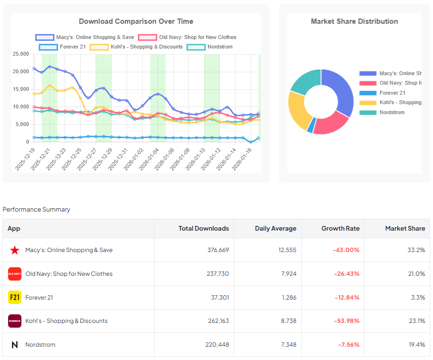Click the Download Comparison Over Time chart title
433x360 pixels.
[x=136, y=21]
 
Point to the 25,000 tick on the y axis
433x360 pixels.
[x=20, y=54]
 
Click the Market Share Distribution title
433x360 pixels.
[x=354, y=21]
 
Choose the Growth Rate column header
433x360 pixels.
[x=340, y=229]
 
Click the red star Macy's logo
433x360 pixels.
[x=15, y=250]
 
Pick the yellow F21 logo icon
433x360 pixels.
[x=15, y=298]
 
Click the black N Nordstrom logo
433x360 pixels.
[x=15, y=345]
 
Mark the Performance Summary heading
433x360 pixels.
[x=36, y=210]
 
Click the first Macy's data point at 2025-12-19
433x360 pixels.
[x=34, y=68]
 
